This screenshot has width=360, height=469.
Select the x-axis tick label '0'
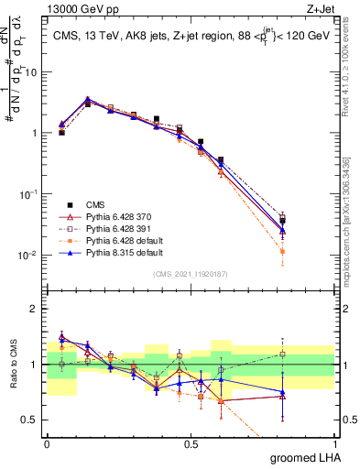(47, 442)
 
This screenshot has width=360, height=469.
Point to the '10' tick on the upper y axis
(34, 71)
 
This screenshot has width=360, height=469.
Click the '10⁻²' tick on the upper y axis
(31, 255)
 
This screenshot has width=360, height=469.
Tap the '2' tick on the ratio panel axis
(37, 309)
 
